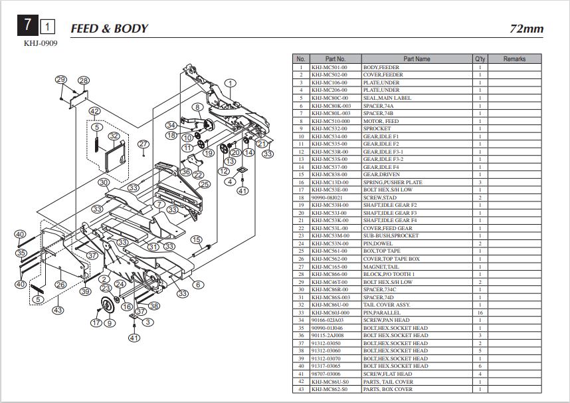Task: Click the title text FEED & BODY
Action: click(x=109, y=28)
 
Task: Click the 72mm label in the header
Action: click(x=526, y=29)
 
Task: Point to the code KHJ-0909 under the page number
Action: click(x=41, y=44)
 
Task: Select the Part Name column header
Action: click(x=417, y=59)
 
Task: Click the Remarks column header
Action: click(x=514, y=59)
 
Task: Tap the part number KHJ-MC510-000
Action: click(x=331, y=121)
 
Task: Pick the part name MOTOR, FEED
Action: click(x=381, y=121)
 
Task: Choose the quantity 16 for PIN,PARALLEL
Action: click(x=480, y=313)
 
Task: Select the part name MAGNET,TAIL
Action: click(x=380, y=267)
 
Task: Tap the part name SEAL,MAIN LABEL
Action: click(x=387, y=98)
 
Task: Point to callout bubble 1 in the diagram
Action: click(x=230, y=83)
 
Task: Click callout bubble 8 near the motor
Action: click(x=197, y=106)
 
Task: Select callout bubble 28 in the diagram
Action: click(x=84, y=80)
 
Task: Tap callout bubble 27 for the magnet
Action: click(x=143, y=144)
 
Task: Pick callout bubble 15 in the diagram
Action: click(x=196, y=239)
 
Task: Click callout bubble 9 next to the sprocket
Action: click(x=110, y=323)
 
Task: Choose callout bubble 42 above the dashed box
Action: click(x=95, y=111)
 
